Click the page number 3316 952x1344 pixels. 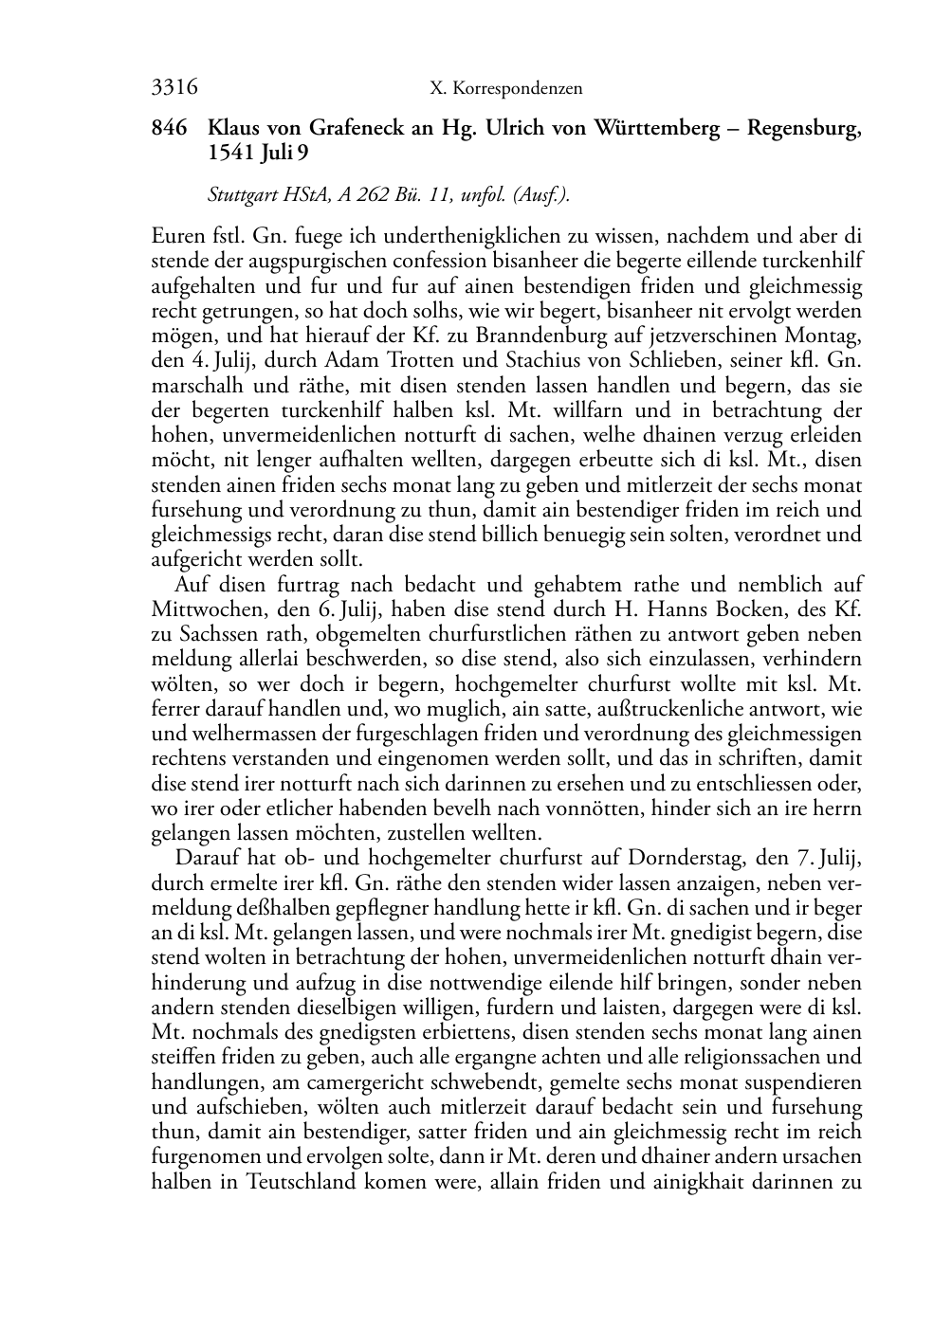[x=174, y=89]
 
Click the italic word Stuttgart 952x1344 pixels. [x=241, y=196]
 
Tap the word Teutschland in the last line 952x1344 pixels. [x=303, y=1181]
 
